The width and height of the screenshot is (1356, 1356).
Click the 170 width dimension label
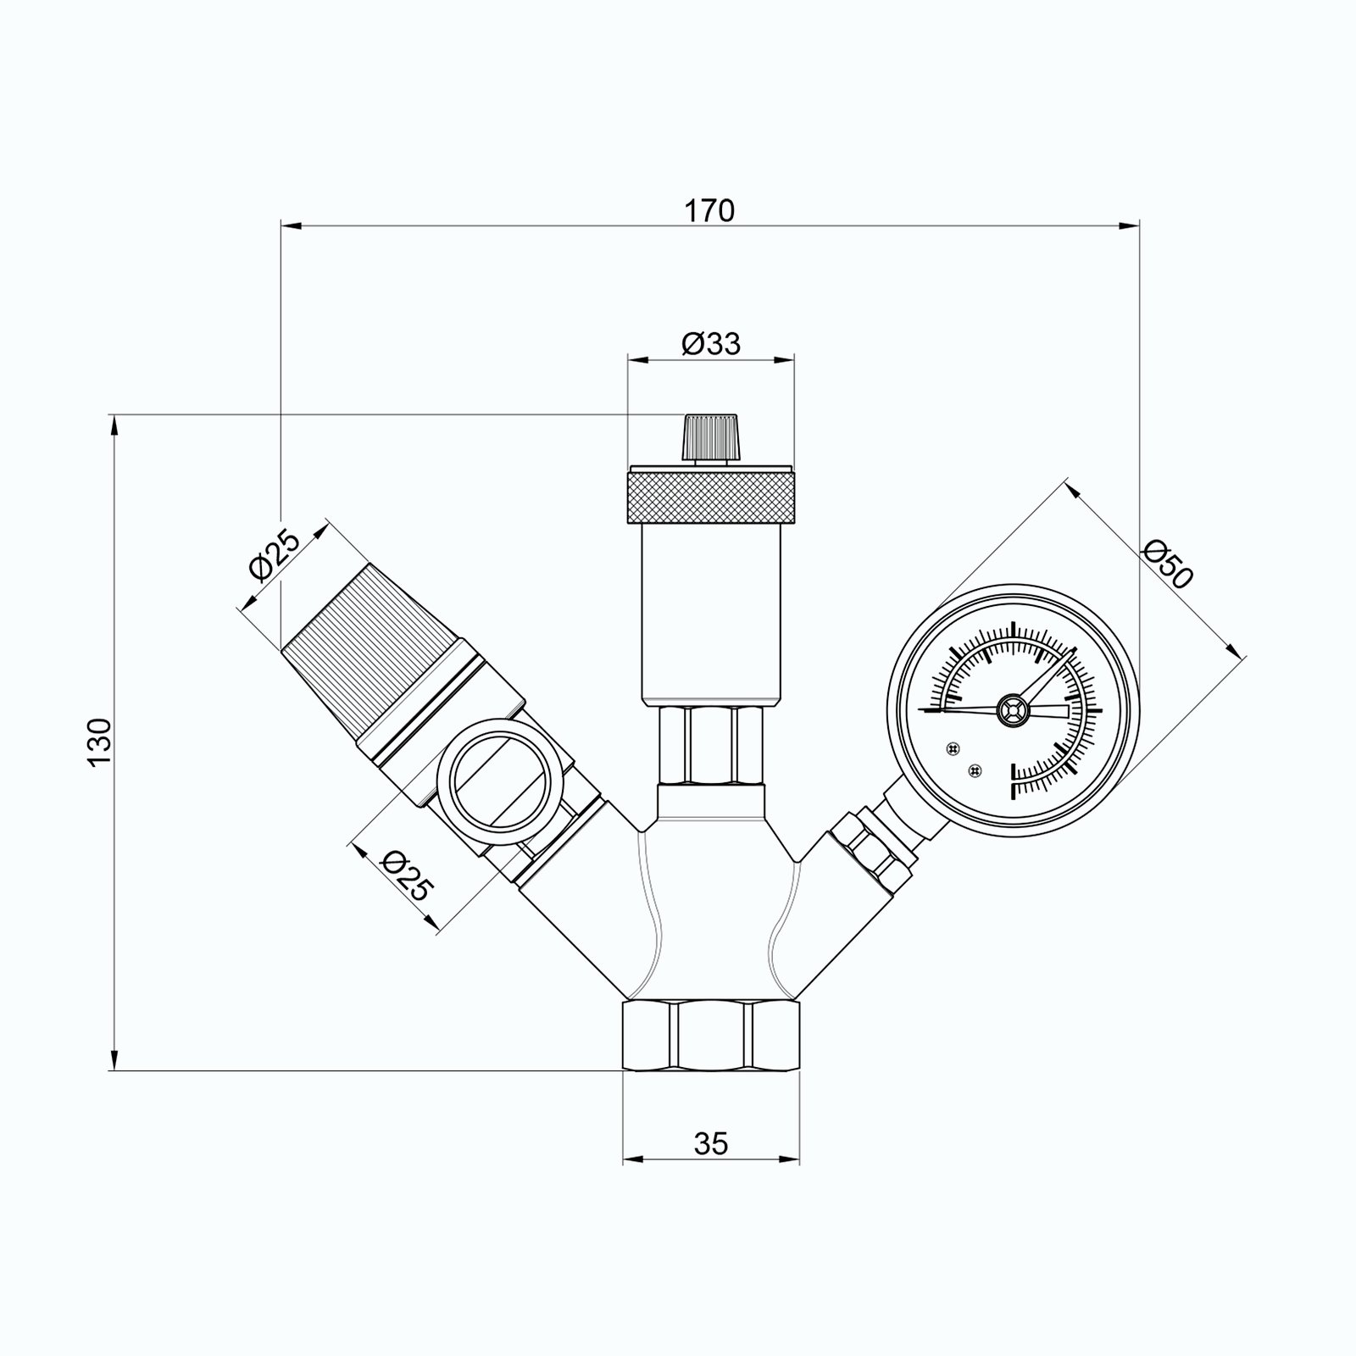(710, 210)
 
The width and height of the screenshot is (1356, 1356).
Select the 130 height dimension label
(99, 742)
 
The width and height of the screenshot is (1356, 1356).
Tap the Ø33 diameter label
(710, 343)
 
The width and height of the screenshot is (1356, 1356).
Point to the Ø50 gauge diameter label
(1168, 564)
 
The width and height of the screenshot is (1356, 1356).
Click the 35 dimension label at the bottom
(711, 1144)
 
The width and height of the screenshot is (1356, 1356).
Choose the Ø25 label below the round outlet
(408, 875)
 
